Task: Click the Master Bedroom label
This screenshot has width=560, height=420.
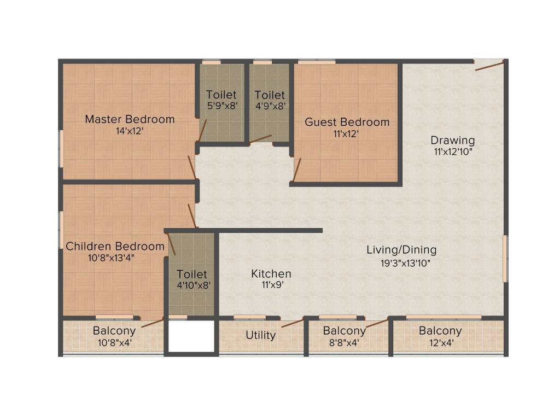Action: [x=130, y=119]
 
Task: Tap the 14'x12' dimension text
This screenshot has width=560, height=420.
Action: [x=130, y=131]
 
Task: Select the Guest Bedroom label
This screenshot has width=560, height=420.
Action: [x=347, y=122]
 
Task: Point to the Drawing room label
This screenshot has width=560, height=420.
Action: [x=452, y=140]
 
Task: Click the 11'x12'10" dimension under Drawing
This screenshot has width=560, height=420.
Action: [x=452, y=151]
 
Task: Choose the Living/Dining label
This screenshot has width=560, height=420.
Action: [x=401, y=250]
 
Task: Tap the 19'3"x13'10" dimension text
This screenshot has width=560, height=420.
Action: [x=406, y=263]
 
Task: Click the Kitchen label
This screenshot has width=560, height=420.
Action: [x=271, y=273]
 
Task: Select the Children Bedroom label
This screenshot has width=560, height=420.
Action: [x=115, y=247]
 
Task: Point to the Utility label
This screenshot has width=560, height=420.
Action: [x=260, y=335]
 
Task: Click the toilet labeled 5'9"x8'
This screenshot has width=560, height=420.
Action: [x=221, y=101]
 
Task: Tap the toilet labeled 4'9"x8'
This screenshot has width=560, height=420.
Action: [x=270, y=101]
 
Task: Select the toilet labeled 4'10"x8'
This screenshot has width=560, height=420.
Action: [x=191, y=279]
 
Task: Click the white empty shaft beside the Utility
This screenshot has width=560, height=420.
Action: [x=191, y=336]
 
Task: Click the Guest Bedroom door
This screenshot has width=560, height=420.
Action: [x=297, y=170]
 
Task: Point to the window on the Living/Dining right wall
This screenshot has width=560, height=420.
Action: [x=505, y=258]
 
